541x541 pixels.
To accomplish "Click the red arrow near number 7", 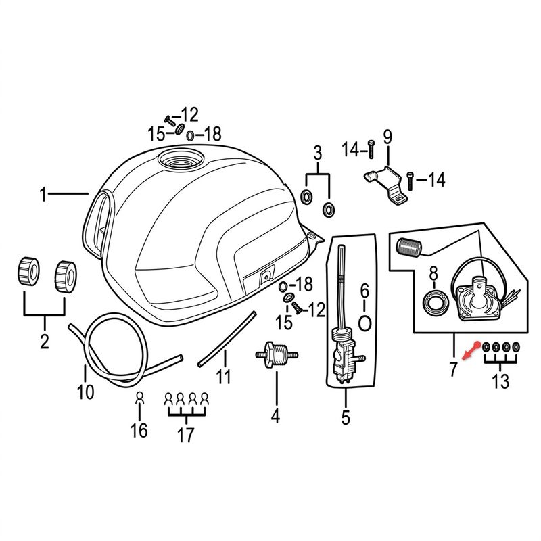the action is pyautogui.click(x=470, y=352).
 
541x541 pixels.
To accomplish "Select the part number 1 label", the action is pyautogui.click(x=43, y=195).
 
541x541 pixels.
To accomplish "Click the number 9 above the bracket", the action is pyautogui.click(x=387, y=137).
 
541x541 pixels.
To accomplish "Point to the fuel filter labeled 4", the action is pyautogui.click(x=276, y=355).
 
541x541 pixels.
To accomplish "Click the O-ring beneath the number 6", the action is pyautogui.click(x=364, y=324).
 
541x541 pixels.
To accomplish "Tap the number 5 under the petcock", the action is pyautogui.click(x=346, y=417).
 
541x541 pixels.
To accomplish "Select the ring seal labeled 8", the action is pyautogui.click(x=436, y=302).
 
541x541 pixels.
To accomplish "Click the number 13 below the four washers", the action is pyautogui.click(x=500, y=381).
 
